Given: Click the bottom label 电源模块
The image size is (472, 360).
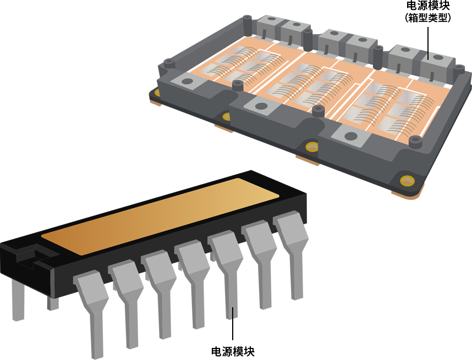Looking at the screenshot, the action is coord(233,351).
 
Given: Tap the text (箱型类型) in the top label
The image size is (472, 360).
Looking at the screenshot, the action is coord(428,18).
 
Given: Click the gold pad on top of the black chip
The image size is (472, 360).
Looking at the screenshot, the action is coord(160,217).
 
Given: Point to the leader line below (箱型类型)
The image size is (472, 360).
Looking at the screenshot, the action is coord(428,43).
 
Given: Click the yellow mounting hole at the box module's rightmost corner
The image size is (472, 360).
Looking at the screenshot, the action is coord(407,181).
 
